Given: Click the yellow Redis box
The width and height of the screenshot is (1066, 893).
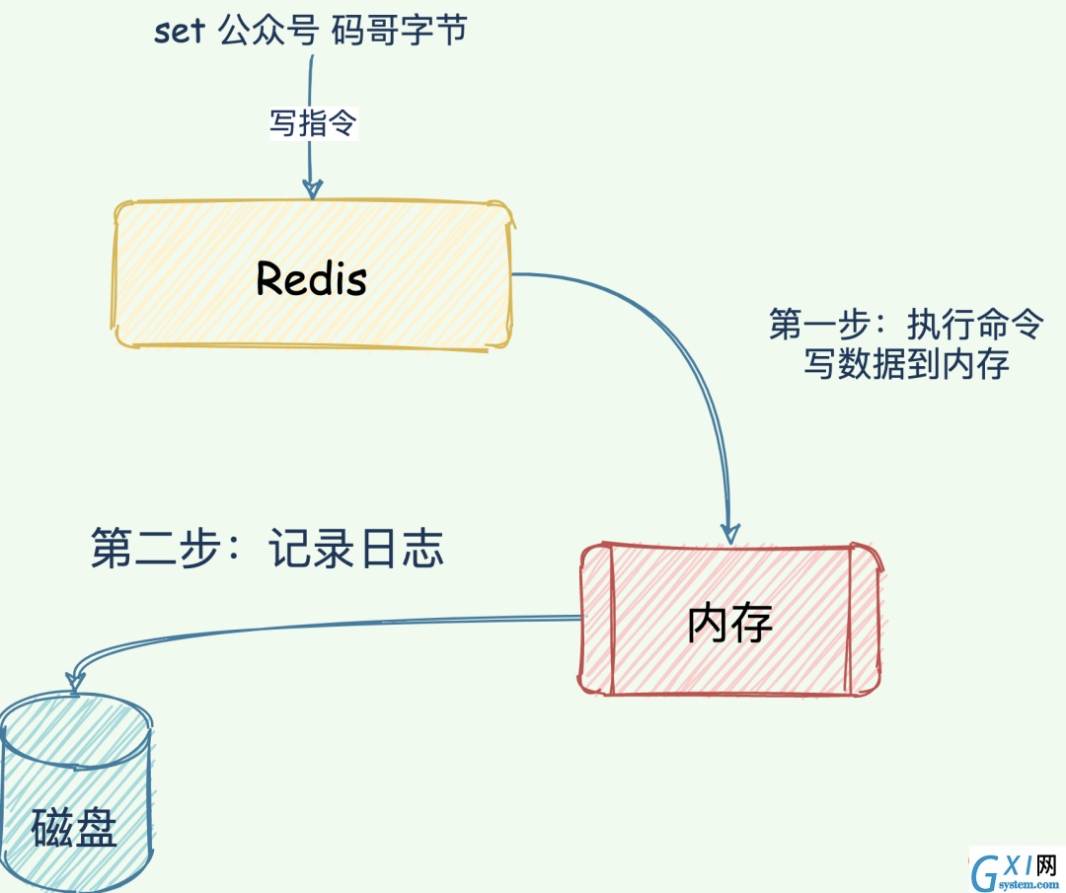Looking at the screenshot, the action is pos(312,275).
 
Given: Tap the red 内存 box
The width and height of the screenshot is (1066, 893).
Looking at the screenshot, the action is pos(730,619).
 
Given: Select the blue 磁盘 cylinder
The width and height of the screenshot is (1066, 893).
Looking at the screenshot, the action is pos(76,792).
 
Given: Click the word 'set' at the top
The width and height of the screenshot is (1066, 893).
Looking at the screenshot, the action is pos(179,32).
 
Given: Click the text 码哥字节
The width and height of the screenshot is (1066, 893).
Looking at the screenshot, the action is pos(399,32).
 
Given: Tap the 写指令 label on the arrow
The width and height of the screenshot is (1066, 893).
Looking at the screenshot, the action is pos(314,123).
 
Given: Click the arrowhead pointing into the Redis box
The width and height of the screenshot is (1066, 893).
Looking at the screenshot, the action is pos(312,188).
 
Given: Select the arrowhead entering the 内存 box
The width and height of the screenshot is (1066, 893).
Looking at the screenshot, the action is pos(730,534).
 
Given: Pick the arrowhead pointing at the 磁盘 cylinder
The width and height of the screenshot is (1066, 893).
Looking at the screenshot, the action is pos(74,682).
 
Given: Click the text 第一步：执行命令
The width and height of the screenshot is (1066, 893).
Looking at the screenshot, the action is pos(905,324).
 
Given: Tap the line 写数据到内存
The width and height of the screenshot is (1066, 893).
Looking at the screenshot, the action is pos(906,363).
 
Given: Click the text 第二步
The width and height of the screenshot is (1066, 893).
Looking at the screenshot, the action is pos(157,548).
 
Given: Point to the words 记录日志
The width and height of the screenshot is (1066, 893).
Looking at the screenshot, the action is pos(355,548).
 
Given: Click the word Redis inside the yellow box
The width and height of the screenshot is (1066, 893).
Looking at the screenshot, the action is pos(311,278).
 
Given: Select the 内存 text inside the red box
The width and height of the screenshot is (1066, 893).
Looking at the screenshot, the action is pos(729,623).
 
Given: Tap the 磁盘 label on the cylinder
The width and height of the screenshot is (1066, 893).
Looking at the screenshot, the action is pos(73,827).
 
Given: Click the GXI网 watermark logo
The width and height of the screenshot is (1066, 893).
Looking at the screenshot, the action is pos(1016,870).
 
